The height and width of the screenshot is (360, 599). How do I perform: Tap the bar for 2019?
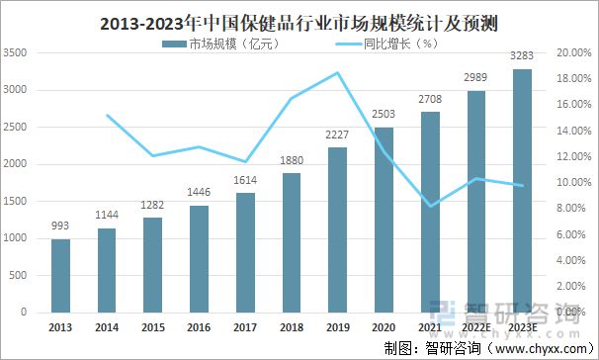pos(338,229)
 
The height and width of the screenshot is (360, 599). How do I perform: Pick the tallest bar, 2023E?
pos(523,190)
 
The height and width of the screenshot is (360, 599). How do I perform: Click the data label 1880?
pos(292,163)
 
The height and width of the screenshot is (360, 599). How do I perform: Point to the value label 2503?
pos(385,117)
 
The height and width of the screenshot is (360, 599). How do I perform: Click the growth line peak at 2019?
pos(338,73)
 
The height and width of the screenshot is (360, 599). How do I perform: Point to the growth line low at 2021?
pos(431,206)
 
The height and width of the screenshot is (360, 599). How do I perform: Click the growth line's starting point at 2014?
pos(107,116)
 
